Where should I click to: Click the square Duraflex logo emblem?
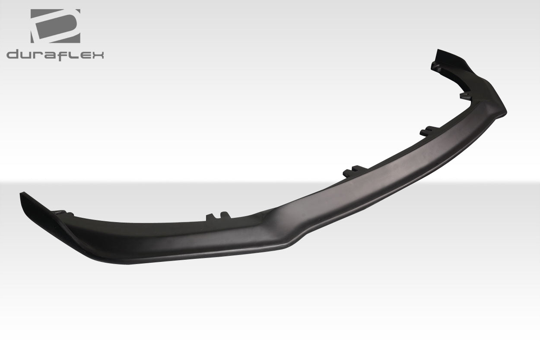pyautogui.click(x=55, y=26)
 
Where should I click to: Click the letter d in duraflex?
pyautogui.click(x=12, y=55)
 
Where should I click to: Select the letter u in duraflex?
pyautogui.click(x=26, y=55)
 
